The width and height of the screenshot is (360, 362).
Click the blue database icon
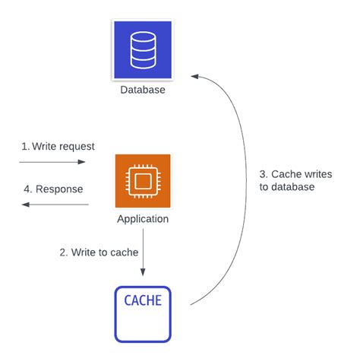[x=142, y=50]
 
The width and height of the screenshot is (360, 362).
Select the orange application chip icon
[x=142, y=180]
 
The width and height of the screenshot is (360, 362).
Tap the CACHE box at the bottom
[x=143, y=313]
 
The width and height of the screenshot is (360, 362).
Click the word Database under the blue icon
[x=142, y=90]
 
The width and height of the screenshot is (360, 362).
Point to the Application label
[x=143, y=219]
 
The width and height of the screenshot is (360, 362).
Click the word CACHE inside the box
[x=143, y=300]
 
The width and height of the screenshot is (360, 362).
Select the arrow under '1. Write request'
[x=52, y=162]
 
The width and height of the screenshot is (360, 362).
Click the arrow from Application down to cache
[x=143, y=256]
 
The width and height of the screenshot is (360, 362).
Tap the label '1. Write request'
[x=53, y=144]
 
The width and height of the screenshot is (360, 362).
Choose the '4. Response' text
[x=53, y=188]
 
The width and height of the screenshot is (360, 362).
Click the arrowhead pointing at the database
[x=194, y=76]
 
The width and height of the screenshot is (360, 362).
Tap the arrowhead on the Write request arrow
[x=83, y=162]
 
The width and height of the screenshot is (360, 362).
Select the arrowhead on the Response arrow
[x=24, y=204]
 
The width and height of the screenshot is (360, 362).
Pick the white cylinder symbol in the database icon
[x=142, y=49]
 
